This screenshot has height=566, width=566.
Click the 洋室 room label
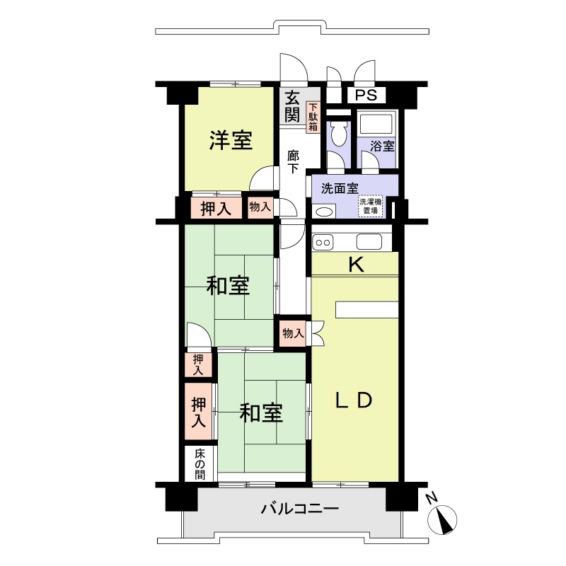[x=231, y=141]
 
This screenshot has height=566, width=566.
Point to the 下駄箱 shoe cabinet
[x=312, y=118]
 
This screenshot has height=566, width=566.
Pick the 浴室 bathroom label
[x=383, y=147]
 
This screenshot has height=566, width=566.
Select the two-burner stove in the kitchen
[x=323, y=242]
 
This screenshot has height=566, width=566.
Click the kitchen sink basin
[x=369, y=242]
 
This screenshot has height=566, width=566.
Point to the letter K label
[x=356, y=265]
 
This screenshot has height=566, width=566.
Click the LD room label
[x=353, y=400]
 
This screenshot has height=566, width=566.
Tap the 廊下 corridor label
[x=293, y=162]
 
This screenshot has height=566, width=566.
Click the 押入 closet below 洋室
[x=215, y=209]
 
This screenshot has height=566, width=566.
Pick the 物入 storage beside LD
[x=293, y=333]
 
